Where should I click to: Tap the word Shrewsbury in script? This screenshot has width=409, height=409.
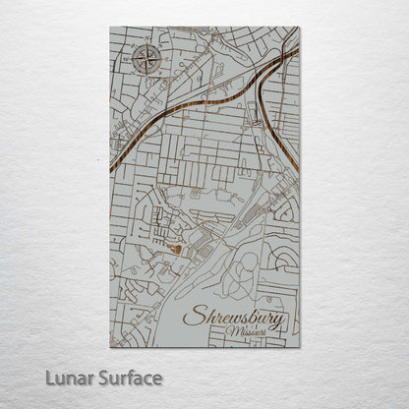tap(235, 319)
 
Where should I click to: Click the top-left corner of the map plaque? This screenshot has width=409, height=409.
tap(110, 28)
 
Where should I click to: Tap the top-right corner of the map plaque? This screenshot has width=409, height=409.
tap(299, 28)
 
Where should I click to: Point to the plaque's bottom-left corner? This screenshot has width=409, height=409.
tap(110, 346)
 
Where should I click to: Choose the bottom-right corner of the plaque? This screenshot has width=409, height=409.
tap(299, 346)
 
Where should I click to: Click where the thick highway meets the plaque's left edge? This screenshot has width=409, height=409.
tap(111, 169)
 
